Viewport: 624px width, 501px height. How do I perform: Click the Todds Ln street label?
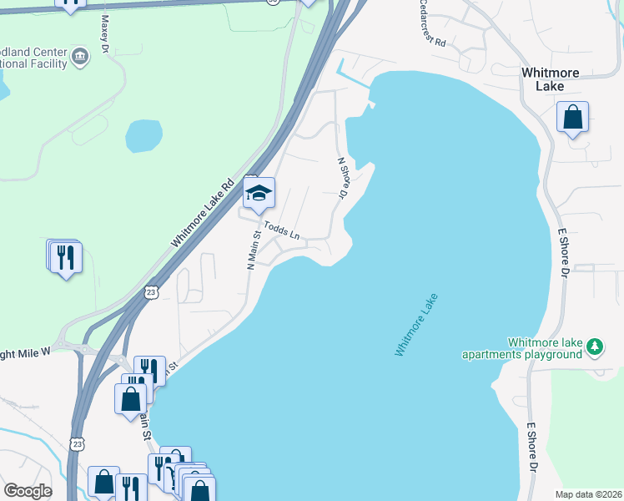(x=282, y=230)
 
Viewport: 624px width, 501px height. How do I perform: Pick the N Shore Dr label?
(x=342, y=178)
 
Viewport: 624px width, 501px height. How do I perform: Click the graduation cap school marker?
(x=259, y=194)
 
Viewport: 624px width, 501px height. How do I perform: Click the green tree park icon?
(x=594, y=345)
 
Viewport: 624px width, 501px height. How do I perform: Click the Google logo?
(x=28, y=491)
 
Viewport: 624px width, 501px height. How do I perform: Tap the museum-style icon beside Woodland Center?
(x=79, y=57)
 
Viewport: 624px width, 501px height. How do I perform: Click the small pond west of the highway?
(x=143, y=135)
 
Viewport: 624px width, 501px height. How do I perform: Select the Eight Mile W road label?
(x=25, y=352)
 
